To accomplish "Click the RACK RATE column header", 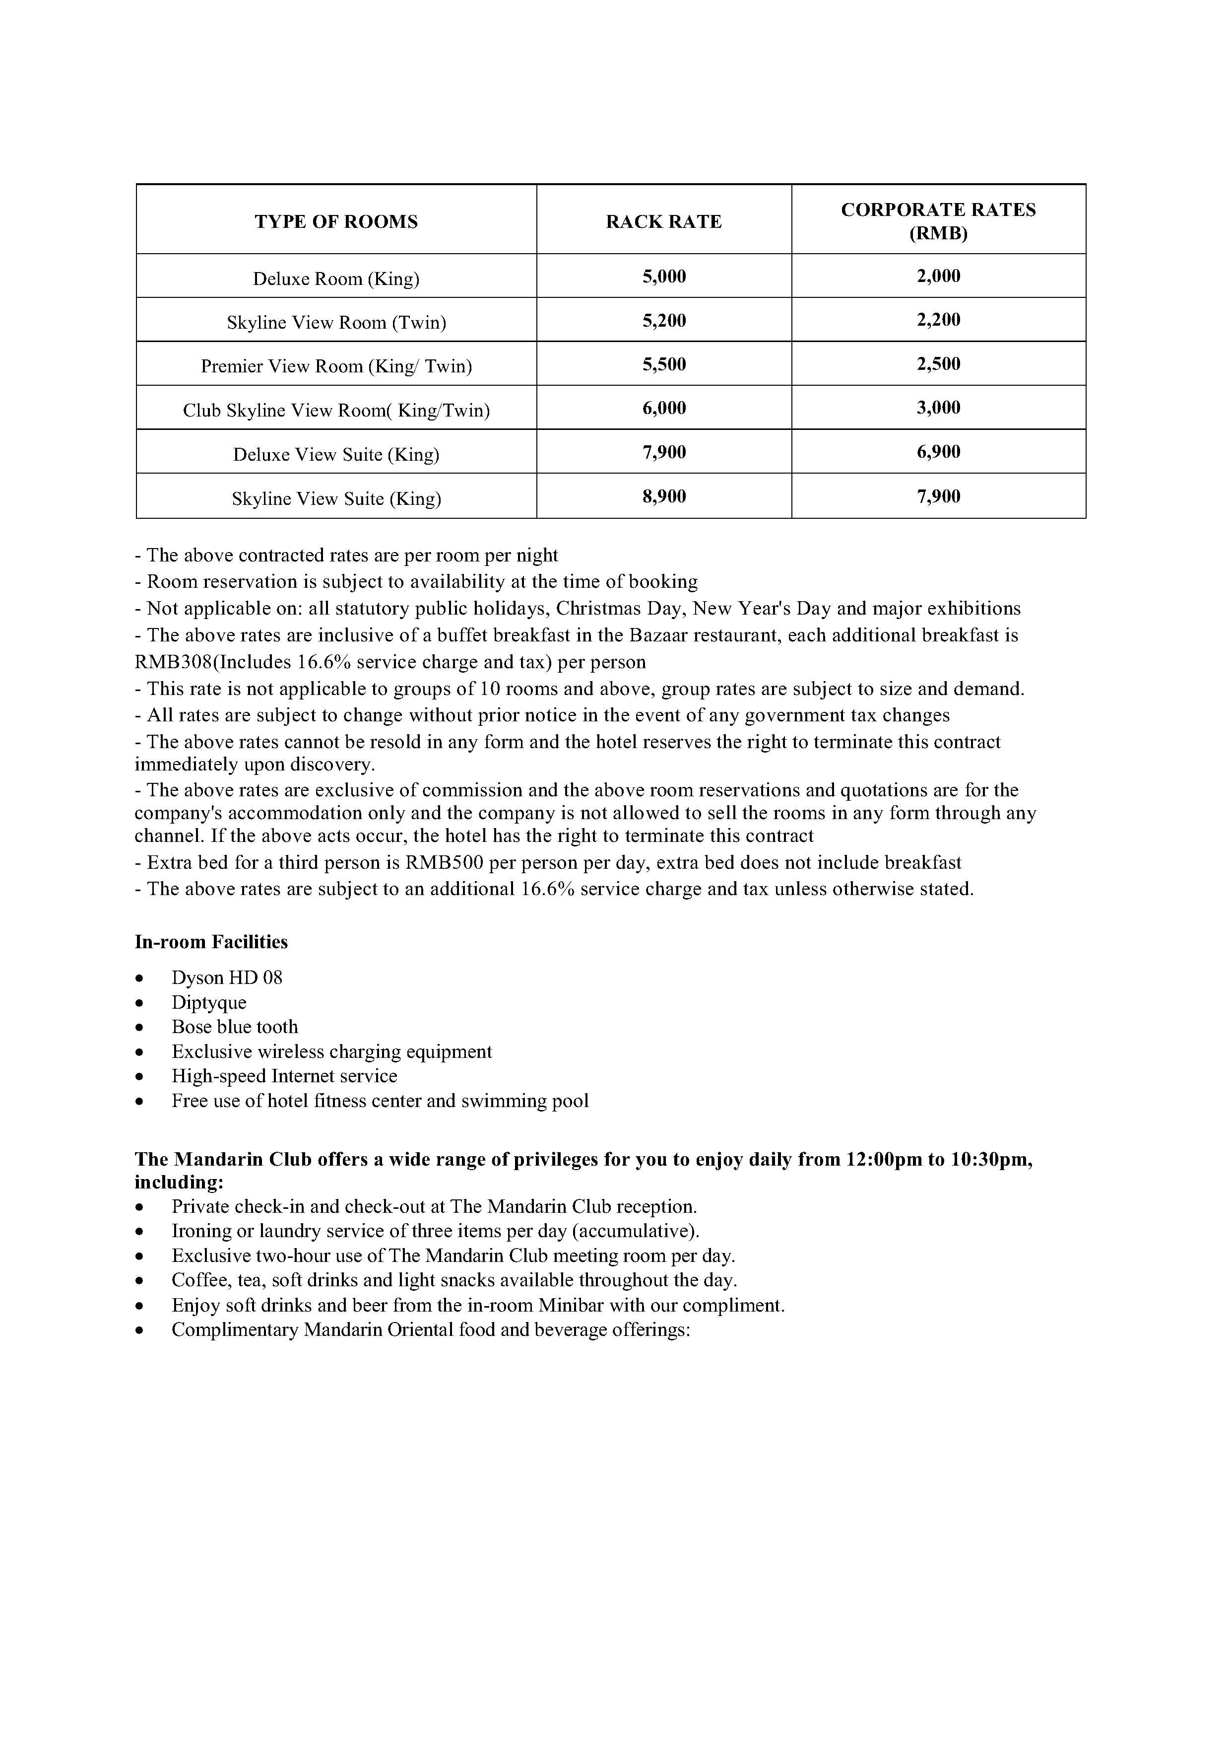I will pyautogui.click(x=664, y=221).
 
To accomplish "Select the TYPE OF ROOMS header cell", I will pyautogui.click(x=336, y=221).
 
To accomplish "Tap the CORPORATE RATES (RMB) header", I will pyautogui.click(x=938, y=221).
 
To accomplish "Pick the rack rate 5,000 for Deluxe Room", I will pyautogui.click(x=664, y=276).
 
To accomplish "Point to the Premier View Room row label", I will pyautogui.click(x=336, y=366).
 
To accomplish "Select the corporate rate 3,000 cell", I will pyautogui.click(x=938, y=408).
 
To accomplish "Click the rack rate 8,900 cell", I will pyautogui.click(x=664, y=496).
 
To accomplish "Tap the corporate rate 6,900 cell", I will pyautogui.click(x=938, y=452).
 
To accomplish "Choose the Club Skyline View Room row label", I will pyautogui.click(x=336, y=411).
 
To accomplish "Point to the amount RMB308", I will pyautogui.click(x=173, y=662).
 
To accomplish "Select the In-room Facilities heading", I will pyautogui.click(x=211, y=942).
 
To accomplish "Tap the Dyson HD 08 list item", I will pyautogui.click(x=227, y=978).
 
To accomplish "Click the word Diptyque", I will pyautogui.click(x=208, y=1003).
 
